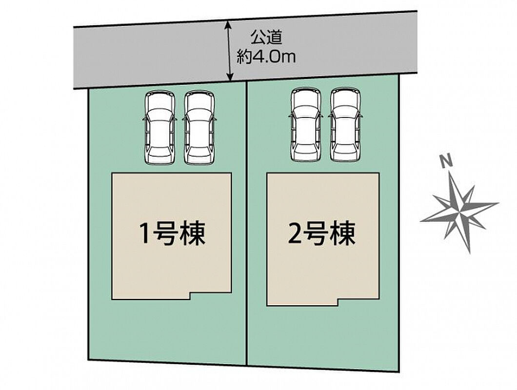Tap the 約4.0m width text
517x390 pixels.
(x=266, y=58)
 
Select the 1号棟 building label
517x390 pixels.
(x=172, y=233)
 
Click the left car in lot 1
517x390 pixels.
(x=159, y=128)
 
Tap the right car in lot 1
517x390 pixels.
(x=199, y=128)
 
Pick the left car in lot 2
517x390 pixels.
(x=306, y=125)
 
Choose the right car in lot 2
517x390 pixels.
(x=345, y=125)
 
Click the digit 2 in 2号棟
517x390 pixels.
(x=295, y=234)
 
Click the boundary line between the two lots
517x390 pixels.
(x=247, y=223)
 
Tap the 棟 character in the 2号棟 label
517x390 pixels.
(x=343, y=233)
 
